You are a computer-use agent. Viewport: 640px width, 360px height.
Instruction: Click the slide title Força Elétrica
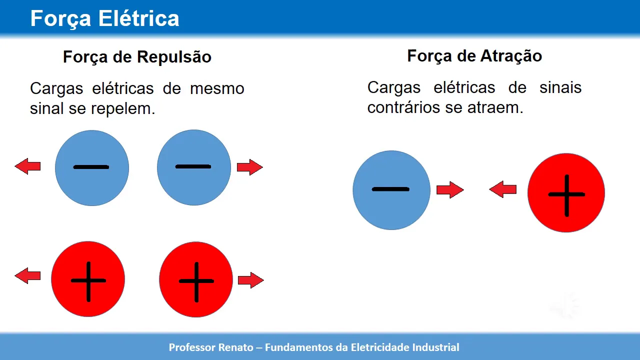tap(104, 18)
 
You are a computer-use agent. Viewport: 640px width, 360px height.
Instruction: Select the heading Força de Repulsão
tap(137, 57)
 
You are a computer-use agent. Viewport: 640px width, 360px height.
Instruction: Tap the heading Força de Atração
tap(474, 55)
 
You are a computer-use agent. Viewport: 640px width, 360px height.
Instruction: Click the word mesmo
tap(217, 88)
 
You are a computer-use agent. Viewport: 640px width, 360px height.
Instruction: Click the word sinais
tap(560, 87)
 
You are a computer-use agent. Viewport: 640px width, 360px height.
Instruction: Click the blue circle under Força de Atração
tap(391, 190)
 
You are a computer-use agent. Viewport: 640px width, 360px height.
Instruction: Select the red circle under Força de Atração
tap(566, 192)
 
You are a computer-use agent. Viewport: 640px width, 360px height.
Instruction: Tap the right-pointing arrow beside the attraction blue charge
tap(450, 190)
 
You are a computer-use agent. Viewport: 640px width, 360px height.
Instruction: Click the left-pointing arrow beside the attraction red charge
tap(502, 189)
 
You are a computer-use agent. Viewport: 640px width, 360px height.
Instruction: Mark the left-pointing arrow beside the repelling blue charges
tap(27, 166)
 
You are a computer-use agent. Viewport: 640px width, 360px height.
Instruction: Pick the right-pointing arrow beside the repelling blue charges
tap(249, 167)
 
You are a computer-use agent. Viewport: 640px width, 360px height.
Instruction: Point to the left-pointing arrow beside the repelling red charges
tap(27, 275)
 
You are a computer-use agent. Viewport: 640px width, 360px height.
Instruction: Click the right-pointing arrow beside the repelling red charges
tap(250, 280)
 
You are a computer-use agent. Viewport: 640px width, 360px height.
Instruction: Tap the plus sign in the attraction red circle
tap(566, 195)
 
